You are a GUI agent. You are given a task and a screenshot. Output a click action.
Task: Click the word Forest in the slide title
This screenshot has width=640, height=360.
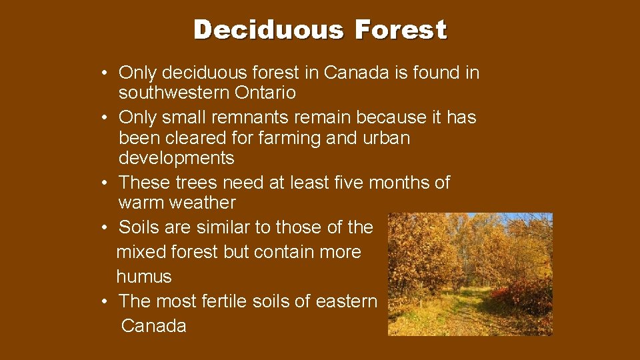click(x=401, y=30)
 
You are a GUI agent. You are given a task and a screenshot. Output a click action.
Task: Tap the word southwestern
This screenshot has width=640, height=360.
click(x=174, y=92)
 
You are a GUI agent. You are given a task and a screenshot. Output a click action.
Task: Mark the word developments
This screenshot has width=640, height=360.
click(x=177, y=158)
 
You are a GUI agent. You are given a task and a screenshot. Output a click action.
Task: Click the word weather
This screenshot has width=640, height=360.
click(x=203, y=203)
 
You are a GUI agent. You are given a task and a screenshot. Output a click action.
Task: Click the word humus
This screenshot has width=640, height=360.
click(x=144, y=277)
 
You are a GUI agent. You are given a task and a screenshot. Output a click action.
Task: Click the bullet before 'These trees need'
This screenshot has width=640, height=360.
click(x=107, y=183)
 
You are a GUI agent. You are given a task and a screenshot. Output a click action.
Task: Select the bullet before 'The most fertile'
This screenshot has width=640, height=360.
click(x=107, y=302)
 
